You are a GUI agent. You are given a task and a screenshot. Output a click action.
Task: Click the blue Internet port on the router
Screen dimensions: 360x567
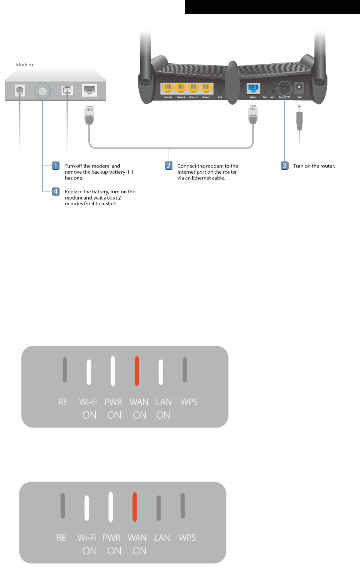coord(253,88)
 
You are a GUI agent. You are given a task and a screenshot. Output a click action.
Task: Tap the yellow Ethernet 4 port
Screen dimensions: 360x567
coord(167,88)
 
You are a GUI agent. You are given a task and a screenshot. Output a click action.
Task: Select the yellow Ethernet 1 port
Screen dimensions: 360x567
coord(206,88)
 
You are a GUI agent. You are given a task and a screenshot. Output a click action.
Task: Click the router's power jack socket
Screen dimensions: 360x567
coord(299,88)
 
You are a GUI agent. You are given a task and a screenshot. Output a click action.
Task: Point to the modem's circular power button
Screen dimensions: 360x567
coord(42,91)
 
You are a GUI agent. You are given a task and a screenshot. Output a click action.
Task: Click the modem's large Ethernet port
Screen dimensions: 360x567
coord(90,90)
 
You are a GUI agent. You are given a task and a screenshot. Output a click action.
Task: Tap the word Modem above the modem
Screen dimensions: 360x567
coord(24,65)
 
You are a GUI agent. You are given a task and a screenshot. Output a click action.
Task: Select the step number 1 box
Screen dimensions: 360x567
coord(56,166)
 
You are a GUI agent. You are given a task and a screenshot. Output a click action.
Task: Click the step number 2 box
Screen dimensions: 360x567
coord(169,166)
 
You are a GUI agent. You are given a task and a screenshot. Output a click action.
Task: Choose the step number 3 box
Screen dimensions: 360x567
coord(284,166)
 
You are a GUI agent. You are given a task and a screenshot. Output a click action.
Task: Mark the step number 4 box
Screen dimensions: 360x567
coord(56,191)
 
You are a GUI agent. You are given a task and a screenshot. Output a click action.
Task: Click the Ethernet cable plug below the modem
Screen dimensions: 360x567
coord(89,115)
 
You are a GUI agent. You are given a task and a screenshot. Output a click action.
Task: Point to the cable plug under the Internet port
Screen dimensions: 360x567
coord(253,115)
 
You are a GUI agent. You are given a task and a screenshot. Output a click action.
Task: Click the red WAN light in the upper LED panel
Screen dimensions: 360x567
coord(137,371)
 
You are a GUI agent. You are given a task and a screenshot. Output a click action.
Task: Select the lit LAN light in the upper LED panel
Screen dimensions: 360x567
coord(161,372)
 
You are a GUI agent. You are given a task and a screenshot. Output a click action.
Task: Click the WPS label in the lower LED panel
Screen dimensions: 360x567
coord(187,538)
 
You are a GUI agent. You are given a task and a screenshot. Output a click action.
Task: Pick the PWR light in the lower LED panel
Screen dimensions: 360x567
coord(111,506)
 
